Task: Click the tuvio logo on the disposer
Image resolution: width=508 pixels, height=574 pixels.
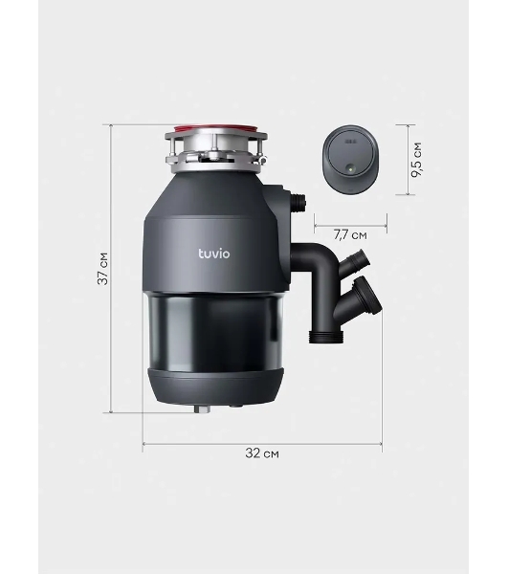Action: [214, 254]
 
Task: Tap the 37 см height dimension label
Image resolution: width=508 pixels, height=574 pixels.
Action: [103, 269]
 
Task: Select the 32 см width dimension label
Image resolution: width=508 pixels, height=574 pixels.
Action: [262, 453]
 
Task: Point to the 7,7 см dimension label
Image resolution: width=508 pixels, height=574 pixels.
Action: [350, 234]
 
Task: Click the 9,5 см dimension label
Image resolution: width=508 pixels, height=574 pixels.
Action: [416, 160]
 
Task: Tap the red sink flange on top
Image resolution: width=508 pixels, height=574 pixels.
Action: [216, 128]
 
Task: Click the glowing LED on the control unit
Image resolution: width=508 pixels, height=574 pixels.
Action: [350, 169]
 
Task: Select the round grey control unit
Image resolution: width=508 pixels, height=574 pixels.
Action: [350, 159]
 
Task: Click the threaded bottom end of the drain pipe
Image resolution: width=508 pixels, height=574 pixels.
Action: [326, 337]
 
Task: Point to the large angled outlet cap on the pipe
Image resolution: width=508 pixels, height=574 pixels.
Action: [368, 296]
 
